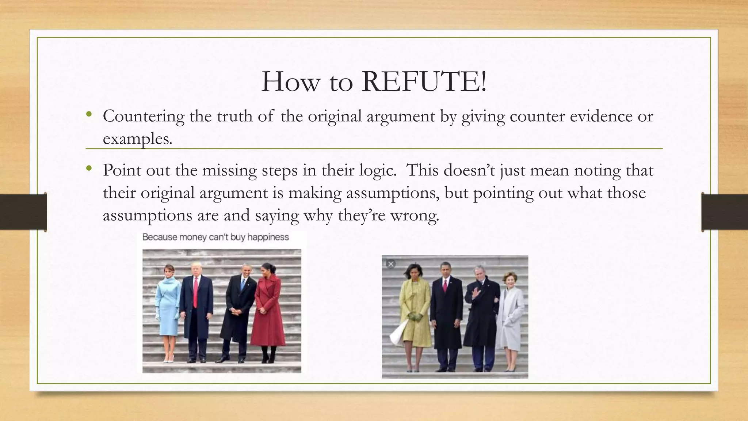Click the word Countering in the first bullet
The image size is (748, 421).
point(144,117)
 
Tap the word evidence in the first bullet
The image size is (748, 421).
point(606,117)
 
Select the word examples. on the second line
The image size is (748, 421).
point(137,139)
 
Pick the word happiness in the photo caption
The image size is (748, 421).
point(268,237)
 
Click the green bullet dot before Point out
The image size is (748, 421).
point(88,168)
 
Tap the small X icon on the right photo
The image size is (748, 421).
point(390,263)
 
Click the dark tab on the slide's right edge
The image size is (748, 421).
point(725,212)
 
